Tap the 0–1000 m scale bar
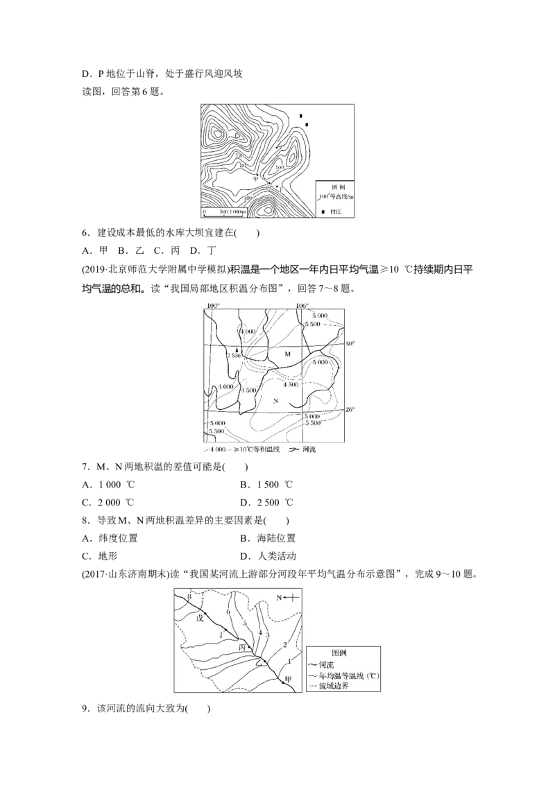tap(223, 209)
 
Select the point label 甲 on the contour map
tap(255, 178)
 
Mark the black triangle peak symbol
tap(237, 349)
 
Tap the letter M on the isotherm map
tap(288, 354)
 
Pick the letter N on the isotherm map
tap(275, 402)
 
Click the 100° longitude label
tap(212, 306)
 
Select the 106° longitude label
tap(301, 306)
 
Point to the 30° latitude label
tap(350, 343)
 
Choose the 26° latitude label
tap(350, 409)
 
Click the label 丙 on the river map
tap(242, 648)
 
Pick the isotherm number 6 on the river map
tap(228, 613)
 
